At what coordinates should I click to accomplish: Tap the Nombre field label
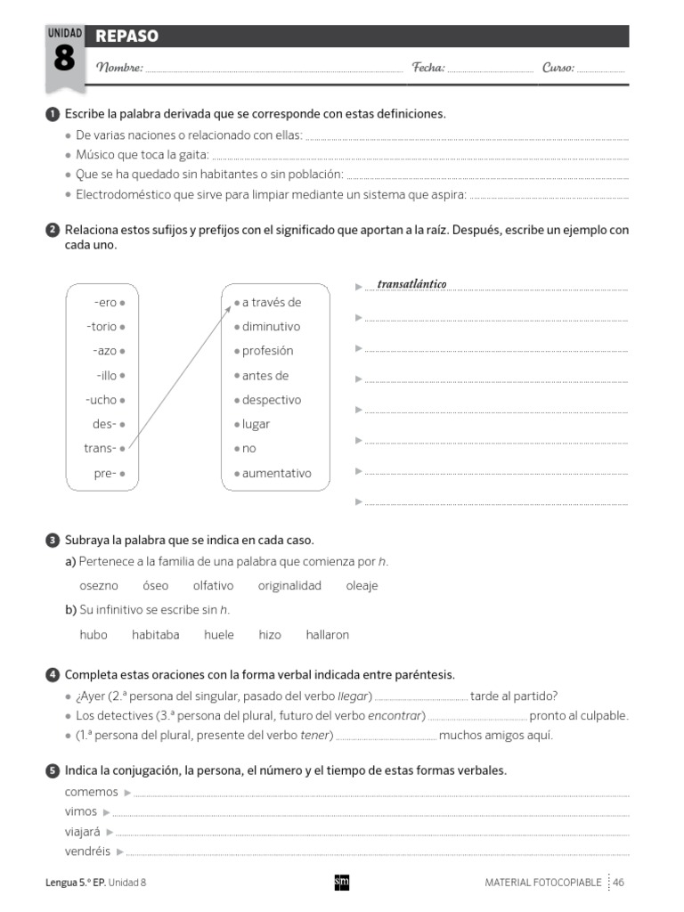[118, 68]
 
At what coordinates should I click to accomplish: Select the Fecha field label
[428, 68]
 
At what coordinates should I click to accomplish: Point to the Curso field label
[558, 68]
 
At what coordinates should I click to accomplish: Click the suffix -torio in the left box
[102, 327]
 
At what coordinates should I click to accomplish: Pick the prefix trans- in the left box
[100, 448]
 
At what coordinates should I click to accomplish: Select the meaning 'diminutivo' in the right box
[271, 327]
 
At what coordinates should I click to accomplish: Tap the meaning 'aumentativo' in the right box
[276, 473]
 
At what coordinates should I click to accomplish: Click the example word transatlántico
[411, 284]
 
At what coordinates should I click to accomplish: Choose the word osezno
[99, 585]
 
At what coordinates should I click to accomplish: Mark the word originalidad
[289, 585]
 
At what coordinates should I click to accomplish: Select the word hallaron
[327, 635]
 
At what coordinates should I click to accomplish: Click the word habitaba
[155, 635]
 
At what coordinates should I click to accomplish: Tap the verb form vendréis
[87, 851]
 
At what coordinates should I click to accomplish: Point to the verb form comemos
[91, 792]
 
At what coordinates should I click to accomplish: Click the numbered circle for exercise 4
[53, 675]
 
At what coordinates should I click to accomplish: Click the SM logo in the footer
[341, 882]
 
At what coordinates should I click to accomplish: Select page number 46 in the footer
[618, 882]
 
